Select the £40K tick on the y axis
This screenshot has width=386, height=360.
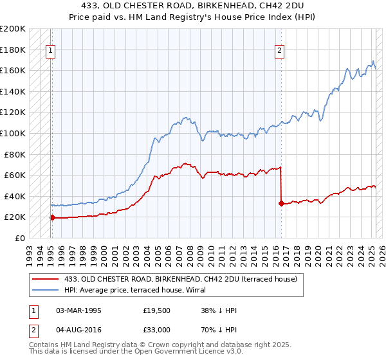point(15,196)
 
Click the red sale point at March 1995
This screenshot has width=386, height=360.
point(52,217)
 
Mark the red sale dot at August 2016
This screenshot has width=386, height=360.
point(281,203)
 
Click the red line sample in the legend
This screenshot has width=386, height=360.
point(46,279)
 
